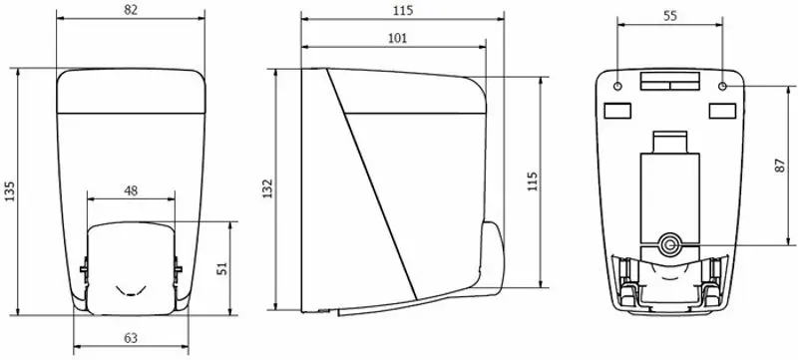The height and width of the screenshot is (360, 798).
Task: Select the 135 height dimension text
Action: coord(9,189)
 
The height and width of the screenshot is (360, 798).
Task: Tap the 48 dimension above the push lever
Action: coord(131,190)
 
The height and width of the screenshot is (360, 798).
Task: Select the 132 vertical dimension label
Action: coord(268,189)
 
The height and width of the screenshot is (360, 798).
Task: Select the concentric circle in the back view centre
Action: coord(669,241)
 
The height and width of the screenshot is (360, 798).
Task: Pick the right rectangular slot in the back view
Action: coord(720,108)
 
